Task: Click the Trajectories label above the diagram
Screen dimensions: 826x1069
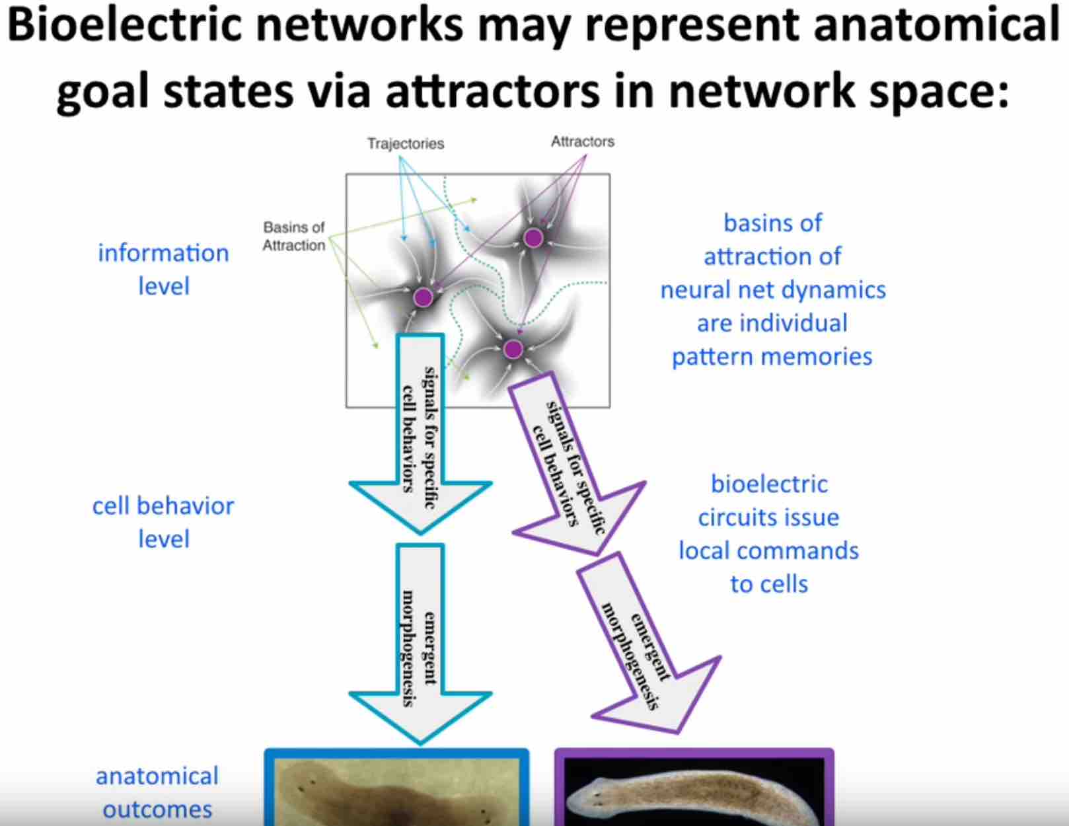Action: (406, 143)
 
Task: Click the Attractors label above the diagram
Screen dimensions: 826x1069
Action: (582, 141)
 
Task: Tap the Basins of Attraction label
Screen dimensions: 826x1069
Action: (294, 236)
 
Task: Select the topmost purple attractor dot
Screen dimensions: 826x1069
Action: (533, 238)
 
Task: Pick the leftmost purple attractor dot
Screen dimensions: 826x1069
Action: (424, 297)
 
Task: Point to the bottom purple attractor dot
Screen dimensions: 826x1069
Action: (513, 349)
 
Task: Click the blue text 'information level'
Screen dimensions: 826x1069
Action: (163, 269)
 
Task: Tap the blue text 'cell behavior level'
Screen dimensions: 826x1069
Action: (163, 522)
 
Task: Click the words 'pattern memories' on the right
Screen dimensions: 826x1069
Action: (772, 357)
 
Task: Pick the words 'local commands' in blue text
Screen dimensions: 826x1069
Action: (768, 550)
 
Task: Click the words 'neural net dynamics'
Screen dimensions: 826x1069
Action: (772, 290)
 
